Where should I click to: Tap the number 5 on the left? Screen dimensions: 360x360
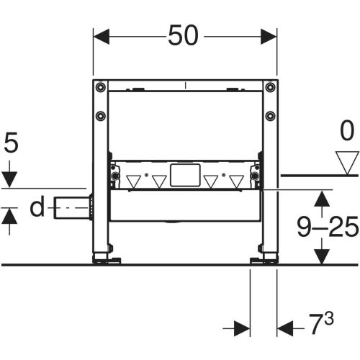9,143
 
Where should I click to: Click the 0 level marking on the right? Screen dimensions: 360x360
348,132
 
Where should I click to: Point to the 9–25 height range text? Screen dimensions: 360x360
328,228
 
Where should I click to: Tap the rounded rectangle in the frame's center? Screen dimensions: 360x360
184,175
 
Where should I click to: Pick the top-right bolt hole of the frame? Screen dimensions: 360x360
269,88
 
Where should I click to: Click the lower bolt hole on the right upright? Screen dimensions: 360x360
269,115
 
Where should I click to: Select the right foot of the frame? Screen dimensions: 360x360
266,257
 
